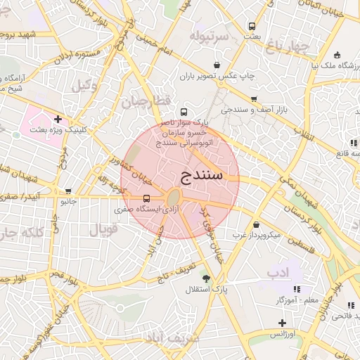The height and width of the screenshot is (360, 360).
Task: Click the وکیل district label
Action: click(85, 85)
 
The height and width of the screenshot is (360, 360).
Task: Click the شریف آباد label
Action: click(169, 338)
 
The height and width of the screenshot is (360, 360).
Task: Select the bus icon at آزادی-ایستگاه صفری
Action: click(146, 198)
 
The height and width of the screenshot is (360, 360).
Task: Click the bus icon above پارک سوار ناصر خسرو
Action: click(184, 112)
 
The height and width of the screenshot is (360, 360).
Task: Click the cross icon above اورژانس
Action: click(282, 323)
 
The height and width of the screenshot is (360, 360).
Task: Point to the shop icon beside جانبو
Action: click(68, 191)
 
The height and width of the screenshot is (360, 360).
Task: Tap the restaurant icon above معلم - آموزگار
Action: click(297, 289)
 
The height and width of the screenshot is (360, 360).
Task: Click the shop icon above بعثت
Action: click(252, 25)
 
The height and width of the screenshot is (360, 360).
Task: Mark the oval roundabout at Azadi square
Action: click(173, 198)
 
